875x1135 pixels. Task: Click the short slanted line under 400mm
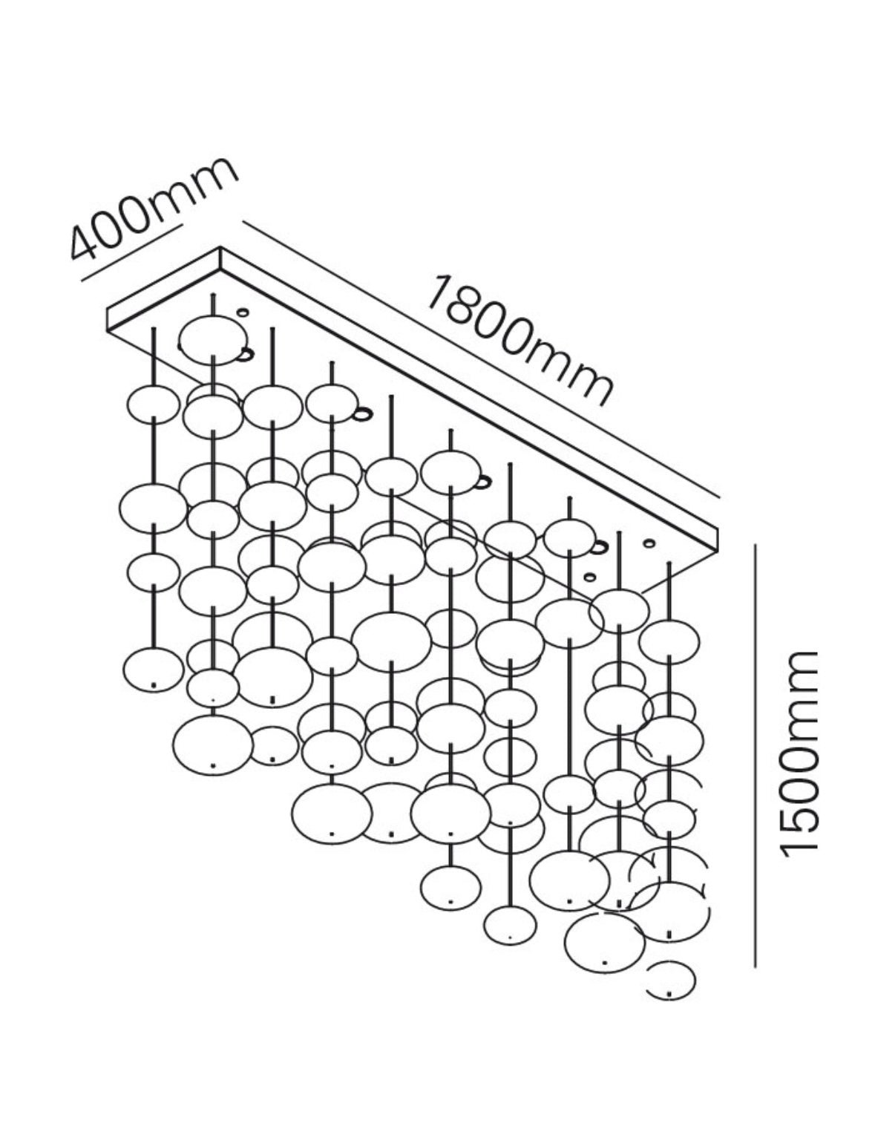(133, 254)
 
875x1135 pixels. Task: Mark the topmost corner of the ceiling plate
(221, 247)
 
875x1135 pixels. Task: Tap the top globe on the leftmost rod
(154, 405)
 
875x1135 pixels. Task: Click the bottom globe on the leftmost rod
(154, 670)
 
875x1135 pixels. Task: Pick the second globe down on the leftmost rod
(154, 508)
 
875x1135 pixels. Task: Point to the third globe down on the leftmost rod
(154, 572)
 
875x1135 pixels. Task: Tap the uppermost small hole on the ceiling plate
(243, 313)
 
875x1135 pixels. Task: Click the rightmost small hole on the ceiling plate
(649, 543)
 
